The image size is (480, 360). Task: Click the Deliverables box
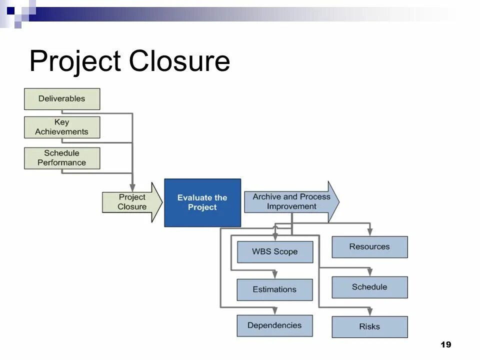coord(62,99)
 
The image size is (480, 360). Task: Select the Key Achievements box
coord(62,127)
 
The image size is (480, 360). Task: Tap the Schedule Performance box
coord(62,158)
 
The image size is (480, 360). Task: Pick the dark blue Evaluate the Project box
coord(202,202)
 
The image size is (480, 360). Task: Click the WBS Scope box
coord(275,252)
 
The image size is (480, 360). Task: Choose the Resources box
coord(369,247)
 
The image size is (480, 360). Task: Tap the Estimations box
coord(274,289)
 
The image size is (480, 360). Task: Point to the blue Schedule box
coord(369,287)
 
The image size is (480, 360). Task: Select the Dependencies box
coord(274,325)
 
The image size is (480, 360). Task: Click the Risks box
coord(369,327)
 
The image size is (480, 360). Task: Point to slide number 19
coord(446,344)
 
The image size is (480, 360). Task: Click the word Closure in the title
coord(179,61)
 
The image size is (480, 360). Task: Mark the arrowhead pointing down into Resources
coord(369,232)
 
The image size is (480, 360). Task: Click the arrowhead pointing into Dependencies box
coord(274,311)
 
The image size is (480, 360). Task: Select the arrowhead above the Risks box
coord(369,312)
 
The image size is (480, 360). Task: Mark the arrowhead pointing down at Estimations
coord(274,274)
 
